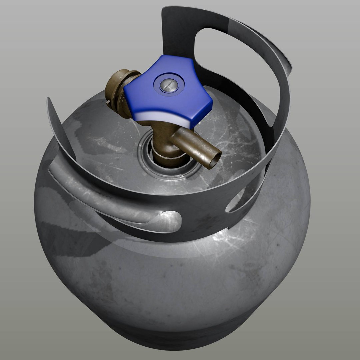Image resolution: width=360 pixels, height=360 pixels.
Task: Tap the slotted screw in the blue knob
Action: [x=167, y=85]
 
